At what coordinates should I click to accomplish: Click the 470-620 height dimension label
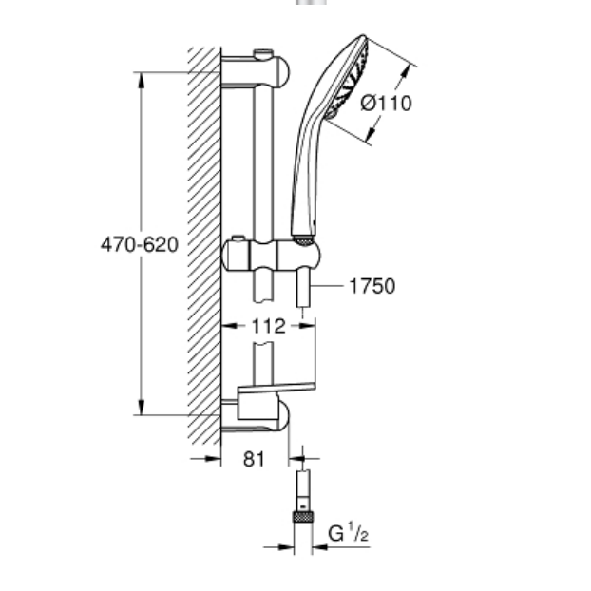click(x=140, y=244)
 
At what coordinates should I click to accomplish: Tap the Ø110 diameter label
click(x=387, y=102)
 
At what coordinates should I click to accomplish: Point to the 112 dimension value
click(x=268, y=326)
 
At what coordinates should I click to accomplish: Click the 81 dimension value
click(x=252, y=459)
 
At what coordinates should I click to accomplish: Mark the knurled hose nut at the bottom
click(x=303, y=519)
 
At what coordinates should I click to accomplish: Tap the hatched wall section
click(x=203, y=247)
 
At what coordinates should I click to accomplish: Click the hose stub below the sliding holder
click(x=301, y=291)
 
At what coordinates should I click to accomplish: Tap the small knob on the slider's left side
click(x=234, y=238)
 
